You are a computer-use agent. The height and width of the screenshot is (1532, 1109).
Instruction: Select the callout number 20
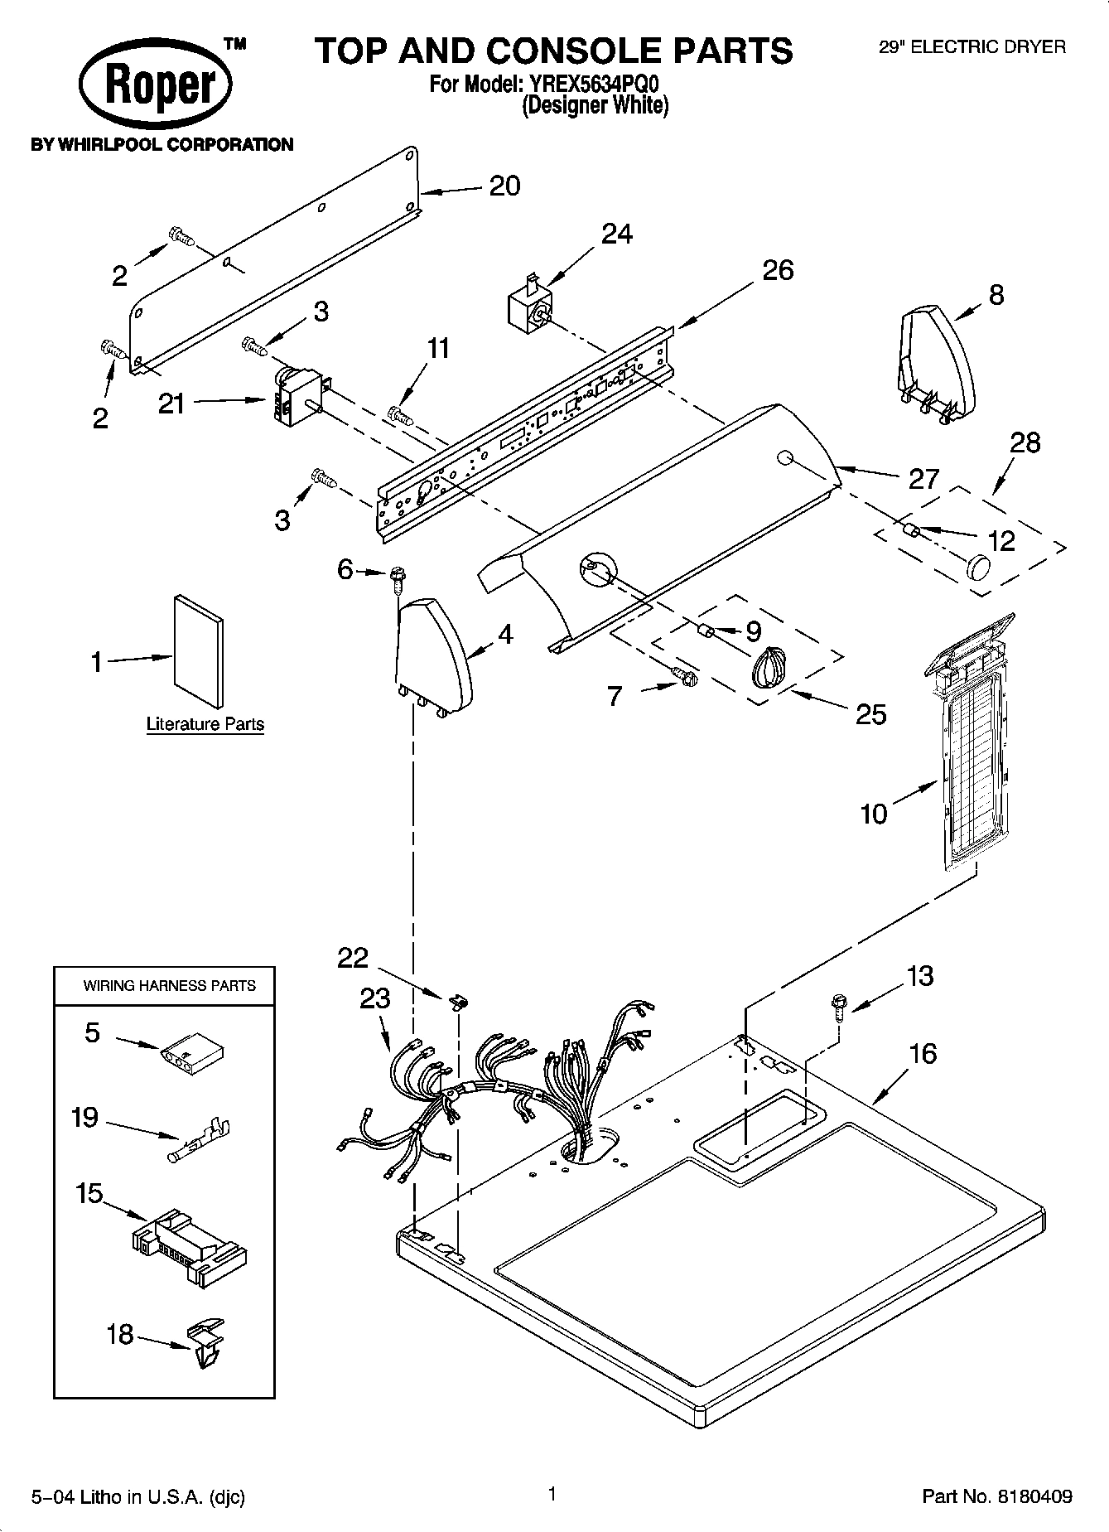504,186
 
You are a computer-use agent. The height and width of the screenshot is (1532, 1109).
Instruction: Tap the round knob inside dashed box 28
978,568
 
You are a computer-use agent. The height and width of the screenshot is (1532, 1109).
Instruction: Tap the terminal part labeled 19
201,1137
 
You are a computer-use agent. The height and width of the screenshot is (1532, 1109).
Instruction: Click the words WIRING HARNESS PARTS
169,986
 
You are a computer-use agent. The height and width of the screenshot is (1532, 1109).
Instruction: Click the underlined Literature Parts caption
205,724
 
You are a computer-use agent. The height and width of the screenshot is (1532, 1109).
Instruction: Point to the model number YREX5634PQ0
591,85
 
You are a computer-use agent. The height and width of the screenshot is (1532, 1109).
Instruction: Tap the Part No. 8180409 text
997,1496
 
